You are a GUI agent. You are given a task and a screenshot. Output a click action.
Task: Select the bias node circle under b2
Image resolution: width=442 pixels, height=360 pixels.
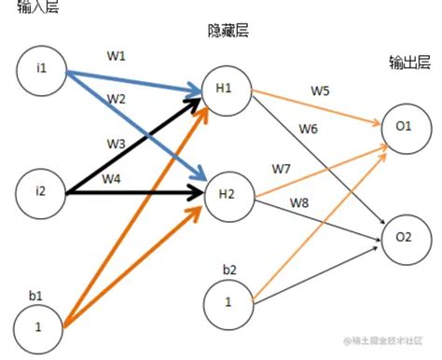click(228, 302)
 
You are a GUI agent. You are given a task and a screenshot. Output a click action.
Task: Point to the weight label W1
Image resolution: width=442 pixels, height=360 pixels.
click(116, 55)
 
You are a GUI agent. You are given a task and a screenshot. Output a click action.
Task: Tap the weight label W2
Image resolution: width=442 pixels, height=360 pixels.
click(116, 98)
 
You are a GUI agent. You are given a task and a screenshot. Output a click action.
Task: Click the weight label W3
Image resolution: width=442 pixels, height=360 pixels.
click(114, 143)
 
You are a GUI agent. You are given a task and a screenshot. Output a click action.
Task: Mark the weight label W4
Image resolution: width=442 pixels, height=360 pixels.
click(111, 177)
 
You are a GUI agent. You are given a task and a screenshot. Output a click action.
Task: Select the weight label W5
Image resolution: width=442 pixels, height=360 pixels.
click(320, 91)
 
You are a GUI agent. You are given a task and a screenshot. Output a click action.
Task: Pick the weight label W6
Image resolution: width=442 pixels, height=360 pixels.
click(308, 128)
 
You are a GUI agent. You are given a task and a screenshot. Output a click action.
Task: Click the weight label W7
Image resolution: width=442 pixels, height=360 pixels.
click(281, 168)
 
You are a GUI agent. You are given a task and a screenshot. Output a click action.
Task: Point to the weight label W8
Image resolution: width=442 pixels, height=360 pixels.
click(299, 201)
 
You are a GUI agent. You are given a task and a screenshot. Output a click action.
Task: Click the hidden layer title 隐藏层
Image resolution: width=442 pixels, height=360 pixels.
click(228, 31)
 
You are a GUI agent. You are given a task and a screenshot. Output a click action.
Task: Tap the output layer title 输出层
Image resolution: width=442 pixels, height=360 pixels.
click(408, 62)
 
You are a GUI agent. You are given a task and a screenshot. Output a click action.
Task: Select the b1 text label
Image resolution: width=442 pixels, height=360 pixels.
click(35, 295)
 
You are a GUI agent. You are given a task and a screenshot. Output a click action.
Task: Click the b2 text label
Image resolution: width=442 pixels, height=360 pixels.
click(228, 270)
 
